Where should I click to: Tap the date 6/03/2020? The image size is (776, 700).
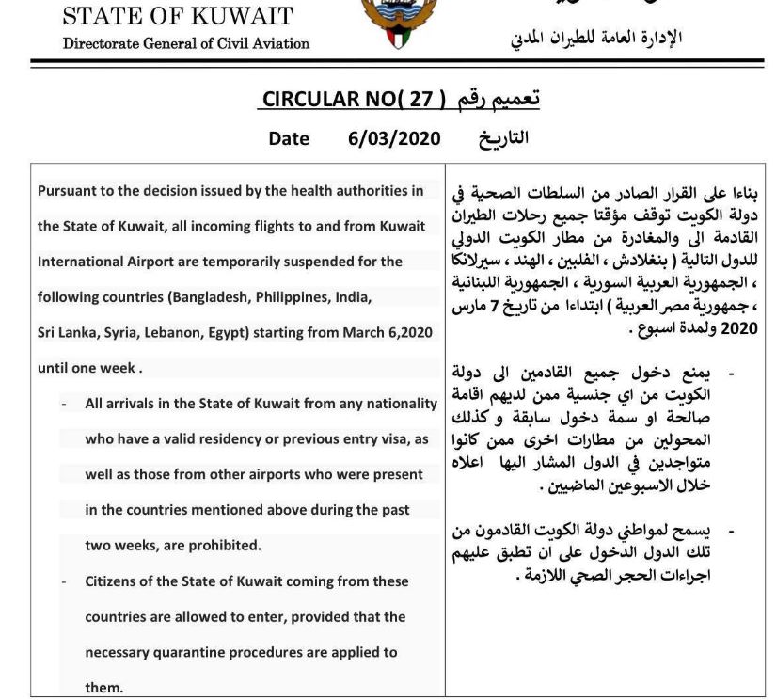394,137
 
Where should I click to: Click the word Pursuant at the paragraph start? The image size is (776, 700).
70,191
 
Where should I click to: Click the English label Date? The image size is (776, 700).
289,137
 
